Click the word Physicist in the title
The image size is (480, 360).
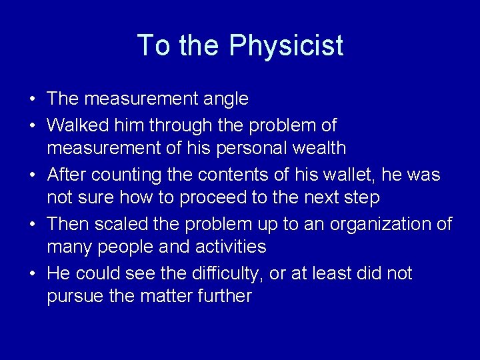[286, 46]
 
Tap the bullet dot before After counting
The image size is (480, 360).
[33, 175]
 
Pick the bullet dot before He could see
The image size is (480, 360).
[33, 274]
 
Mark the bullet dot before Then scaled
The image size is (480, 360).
[33, 225]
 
